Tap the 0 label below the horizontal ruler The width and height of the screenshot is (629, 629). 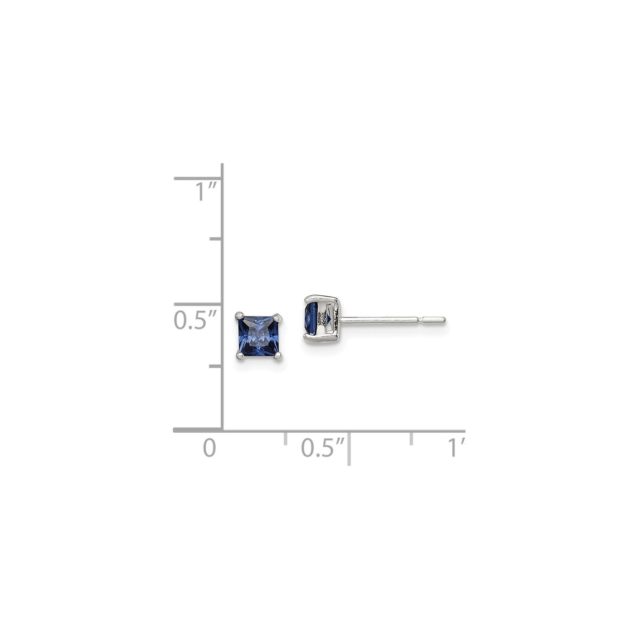point(209,448)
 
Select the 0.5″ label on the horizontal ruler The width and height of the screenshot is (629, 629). point(322,448)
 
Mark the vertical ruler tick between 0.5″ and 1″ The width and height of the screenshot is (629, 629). point(216,239)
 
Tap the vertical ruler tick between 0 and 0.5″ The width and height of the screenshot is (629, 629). point(216,366)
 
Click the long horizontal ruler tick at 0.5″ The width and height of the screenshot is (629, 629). point(349,449)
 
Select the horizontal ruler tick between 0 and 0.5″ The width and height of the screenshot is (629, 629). point(285,438)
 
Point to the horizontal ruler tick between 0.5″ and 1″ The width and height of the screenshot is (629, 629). point(411,438)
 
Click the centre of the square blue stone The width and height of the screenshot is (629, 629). point(259,336)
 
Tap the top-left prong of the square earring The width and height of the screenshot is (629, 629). point(239,315)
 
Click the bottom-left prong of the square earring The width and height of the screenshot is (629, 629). point(240,356)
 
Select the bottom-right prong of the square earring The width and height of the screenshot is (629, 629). point(279,356)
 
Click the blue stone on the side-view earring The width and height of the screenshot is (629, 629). point(312,319)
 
